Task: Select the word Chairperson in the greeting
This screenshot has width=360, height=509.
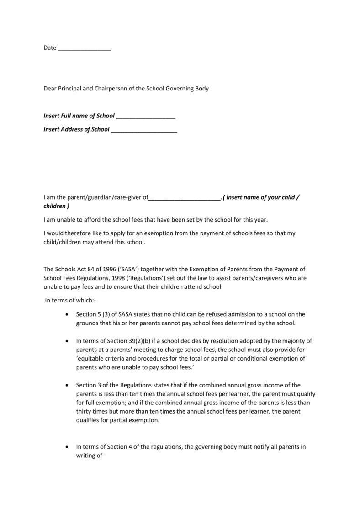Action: [111, 89]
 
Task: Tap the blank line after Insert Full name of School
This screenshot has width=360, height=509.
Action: [146, 117]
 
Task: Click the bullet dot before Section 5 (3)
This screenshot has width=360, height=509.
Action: [68, 314]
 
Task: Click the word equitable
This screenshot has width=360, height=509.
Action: [92, 358]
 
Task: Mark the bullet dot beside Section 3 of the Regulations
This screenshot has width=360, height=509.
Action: [68, 385]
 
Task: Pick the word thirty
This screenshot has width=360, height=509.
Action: [84, 411]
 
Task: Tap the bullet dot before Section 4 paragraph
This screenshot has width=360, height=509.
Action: [68, 447]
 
